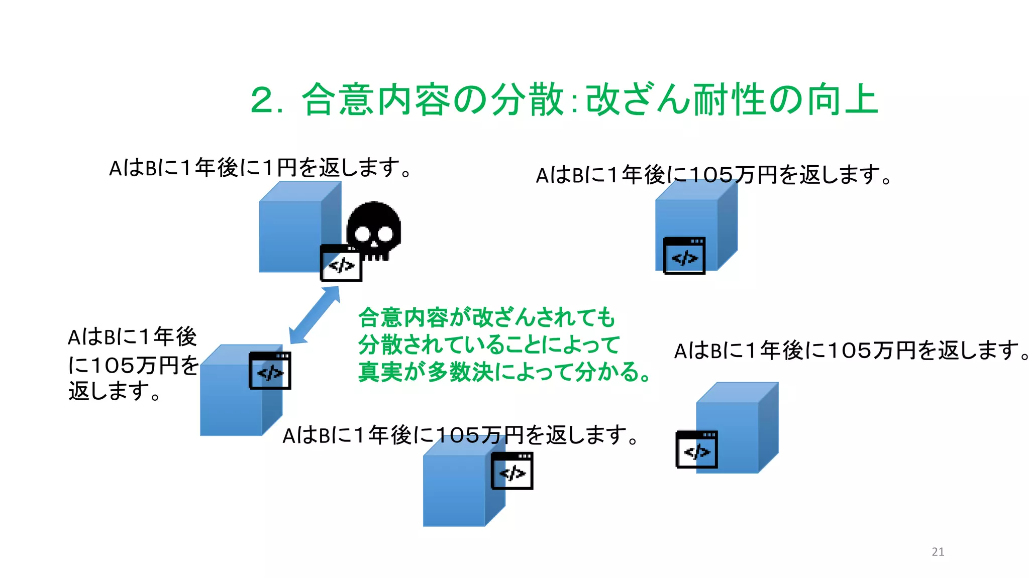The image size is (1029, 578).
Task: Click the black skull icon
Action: pos(374,229)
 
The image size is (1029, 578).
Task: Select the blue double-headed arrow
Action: pos(315,315)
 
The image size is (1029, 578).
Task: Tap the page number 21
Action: pos(938,551)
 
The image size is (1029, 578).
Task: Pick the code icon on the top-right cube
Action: pos(684,256)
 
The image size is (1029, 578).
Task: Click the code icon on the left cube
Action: pos(270,371)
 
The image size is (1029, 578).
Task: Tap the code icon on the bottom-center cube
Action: pos(511,471)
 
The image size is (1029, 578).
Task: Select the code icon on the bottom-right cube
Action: pos(696,450)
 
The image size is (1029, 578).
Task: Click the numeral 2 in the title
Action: pos(262,100)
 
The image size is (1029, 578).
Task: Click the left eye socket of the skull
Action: pos(362,234)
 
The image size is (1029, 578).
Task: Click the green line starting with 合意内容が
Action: pos(486,317)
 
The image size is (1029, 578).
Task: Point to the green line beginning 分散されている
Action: pos(489,345)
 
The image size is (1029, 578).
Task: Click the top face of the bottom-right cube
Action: pos(737,392)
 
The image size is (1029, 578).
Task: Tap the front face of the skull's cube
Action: pos(289,236)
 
